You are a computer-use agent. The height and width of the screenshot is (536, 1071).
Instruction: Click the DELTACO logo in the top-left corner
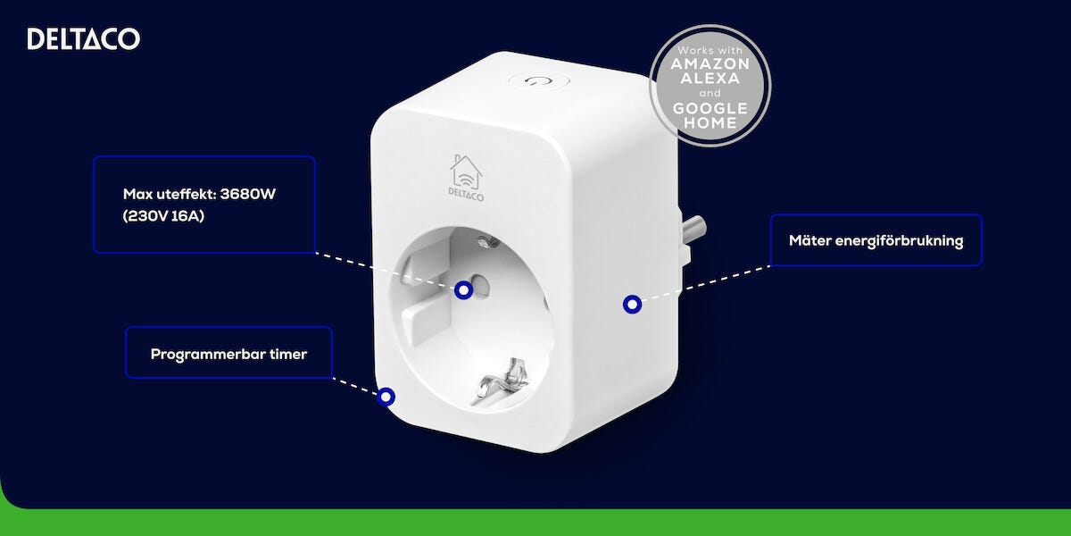pyautogui.click(x=84, y=38)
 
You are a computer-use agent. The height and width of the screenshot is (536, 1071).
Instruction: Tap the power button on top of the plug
pyautogui.click(x=539, y=80)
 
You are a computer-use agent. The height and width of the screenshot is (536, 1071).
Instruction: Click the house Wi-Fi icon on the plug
pyautogui.click(x=466, y=172)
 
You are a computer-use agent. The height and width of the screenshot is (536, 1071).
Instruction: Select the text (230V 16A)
pyautogui.click(x=163, y=216)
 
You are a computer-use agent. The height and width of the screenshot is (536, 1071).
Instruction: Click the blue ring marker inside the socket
pyautogui.click(x=463, y=290)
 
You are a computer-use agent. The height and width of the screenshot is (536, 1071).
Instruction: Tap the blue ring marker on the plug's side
pyautogui.click(x=632, y=305)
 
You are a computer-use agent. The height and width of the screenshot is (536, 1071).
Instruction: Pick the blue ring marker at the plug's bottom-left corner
pyautogui.click(x=386, y=397)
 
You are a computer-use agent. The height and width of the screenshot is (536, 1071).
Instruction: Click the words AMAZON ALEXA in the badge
pyautogui.click(x=710, y=71)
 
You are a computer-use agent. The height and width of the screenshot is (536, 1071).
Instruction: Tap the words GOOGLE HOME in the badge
pyautogui.click(x=710, y=115)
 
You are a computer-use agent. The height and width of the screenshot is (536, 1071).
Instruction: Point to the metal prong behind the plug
pyautogui.click(x=693, y=230)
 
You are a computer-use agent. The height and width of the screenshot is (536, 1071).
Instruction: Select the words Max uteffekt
pyautogui.click(x=170, y=194)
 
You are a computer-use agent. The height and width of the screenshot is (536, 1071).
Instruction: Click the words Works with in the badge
pyautogui.click(x=710, y=50)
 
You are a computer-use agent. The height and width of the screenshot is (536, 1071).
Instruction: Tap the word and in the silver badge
pyautogui.click(x=710, y=93)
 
